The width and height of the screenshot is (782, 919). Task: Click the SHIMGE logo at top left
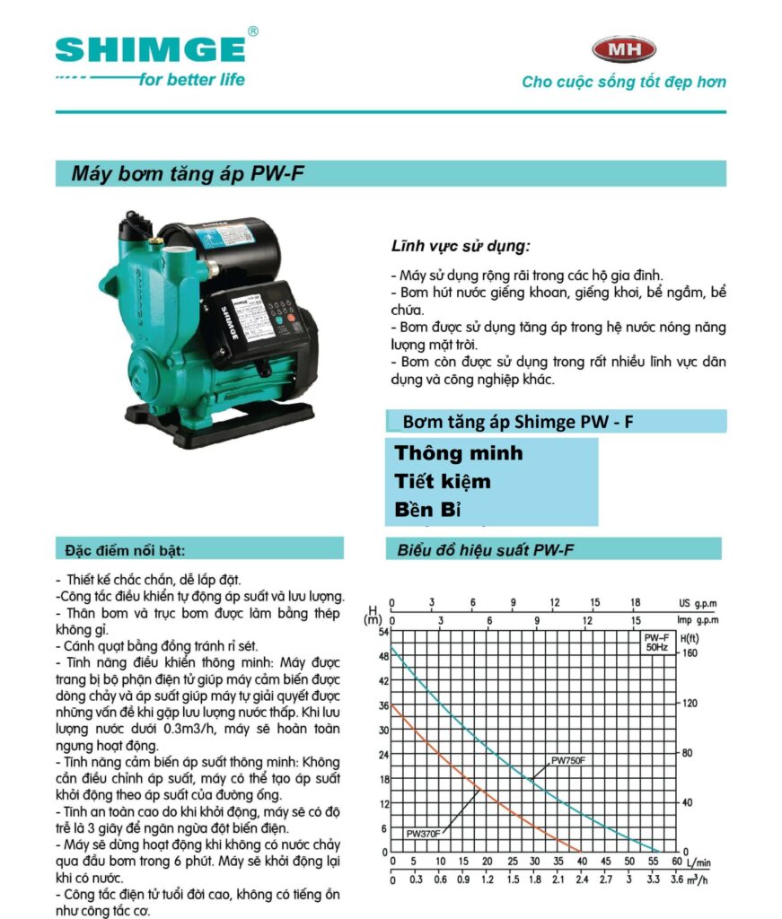pos(150,48)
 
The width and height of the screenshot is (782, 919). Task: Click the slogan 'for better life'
pos(191,79)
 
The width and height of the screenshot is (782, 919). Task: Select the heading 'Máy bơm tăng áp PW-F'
pos(188,174)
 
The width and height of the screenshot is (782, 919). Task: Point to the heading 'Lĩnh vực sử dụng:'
pos(461,245)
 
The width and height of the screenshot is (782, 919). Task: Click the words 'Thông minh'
pos(458,453)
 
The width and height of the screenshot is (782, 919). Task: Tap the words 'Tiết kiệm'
pos(443,482)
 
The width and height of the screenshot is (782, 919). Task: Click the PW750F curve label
pos(567,761)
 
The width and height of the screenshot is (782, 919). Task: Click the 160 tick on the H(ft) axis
pos(690,653)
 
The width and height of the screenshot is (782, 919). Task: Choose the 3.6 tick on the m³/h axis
pos(676,880)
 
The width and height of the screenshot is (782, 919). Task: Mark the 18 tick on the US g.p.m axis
pos(635,602)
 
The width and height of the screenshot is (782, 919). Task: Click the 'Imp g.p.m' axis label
pos(699,619)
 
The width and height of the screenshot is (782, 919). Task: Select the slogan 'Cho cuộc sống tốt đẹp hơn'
pos(624,82)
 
